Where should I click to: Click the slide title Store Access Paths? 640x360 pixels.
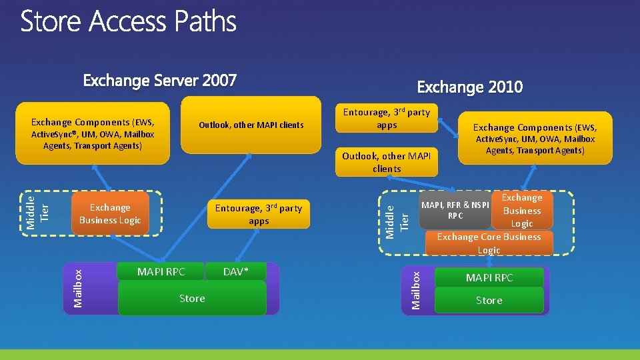129,22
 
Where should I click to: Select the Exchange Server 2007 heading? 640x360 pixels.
159,81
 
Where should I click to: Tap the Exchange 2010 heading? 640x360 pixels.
469,87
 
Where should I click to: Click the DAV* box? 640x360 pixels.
235,271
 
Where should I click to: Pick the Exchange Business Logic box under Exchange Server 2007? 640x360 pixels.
110,214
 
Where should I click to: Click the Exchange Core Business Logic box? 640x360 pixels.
489,243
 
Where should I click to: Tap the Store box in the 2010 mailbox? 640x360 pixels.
489,301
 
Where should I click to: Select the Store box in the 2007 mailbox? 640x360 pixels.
192,298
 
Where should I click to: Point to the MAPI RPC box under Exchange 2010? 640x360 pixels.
489,277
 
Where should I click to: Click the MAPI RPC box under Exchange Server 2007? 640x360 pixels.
161,271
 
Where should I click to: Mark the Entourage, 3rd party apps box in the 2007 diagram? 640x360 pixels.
259,214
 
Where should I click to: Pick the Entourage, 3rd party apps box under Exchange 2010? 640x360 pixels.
387,118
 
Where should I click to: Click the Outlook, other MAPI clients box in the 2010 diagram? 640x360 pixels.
387,162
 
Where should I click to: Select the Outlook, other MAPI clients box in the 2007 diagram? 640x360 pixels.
251,125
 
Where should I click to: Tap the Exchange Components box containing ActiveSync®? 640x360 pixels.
93,133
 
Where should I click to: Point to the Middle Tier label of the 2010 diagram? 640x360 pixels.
397,222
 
